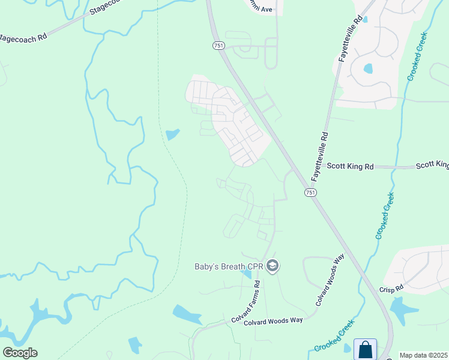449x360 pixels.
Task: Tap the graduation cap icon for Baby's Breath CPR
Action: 273,266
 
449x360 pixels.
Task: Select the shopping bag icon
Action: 365,349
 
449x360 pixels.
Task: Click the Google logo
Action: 20,353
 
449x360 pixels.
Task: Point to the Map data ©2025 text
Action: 424,355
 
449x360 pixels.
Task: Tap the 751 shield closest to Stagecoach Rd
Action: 217,46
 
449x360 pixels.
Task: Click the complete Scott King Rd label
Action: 349,166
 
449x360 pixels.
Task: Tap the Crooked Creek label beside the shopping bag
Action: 334,340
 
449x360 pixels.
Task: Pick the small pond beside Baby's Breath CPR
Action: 246,274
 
